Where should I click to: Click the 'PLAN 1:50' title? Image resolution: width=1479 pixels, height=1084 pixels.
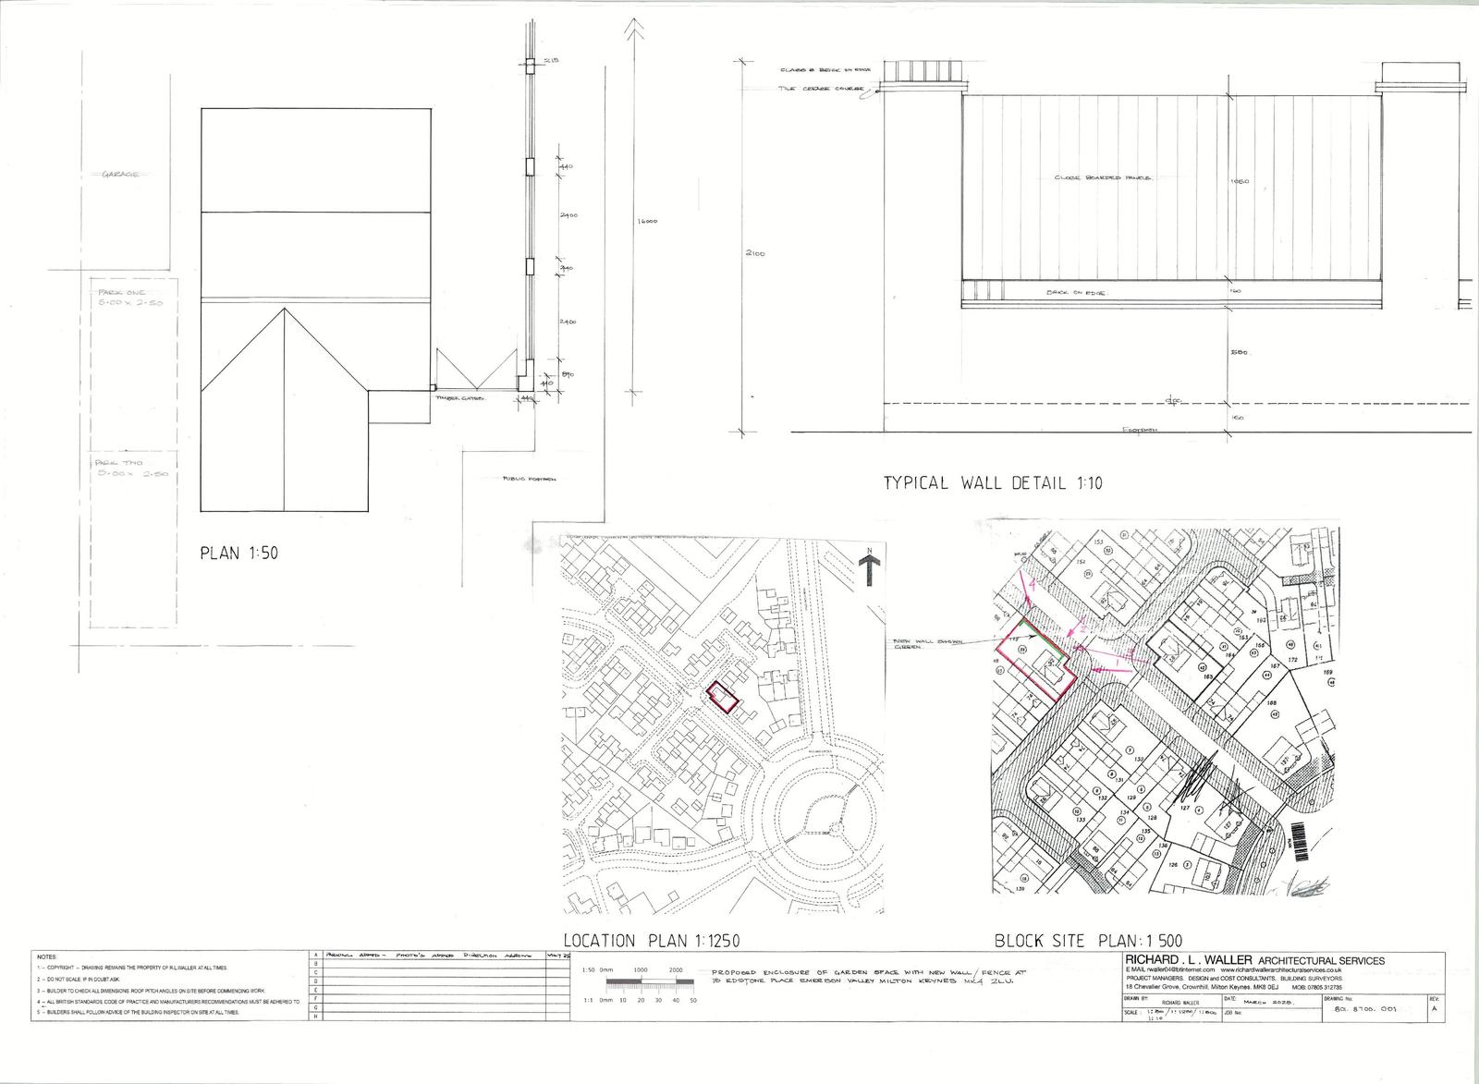pyautogui.click(x=238, y=554)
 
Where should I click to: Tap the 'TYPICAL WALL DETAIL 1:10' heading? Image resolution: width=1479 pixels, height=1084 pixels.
pyautogui.click(x=993, y=482)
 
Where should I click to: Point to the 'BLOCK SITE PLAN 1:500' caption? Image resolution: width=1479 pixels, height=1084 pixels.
pyautogui.click(x=1087, y=942)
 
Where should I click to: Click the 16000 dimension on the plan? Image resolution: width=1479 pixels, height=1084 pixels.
pyautogui.click(x=644, y=222)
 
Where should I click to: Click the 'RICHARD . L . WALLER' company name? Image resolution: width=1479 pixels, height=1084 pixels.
pyautogui.click(x=1183, y=960)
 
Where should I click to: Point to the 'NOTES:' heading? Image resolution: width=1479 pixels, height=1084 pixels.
pyautogui.click(x=47, y=956)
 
